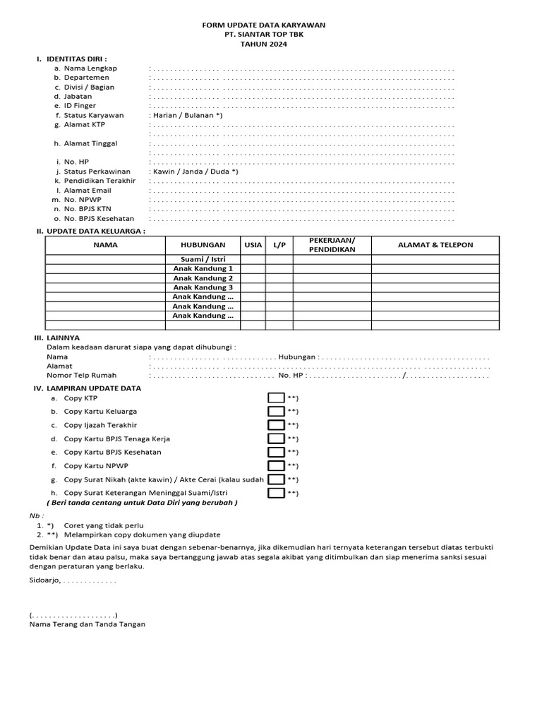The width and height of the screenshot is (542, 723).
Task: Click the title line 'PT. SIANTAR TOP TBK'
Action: (x=264, y=34)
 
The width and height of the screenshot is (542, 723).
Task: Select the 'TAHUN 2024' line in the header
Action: (x=264, y=44)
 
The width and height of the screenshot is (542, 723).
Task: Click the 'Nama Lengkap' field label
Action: (x=90, y=68)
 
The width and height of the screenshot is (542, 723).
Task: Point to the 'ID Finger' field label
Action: (x=80, y=106)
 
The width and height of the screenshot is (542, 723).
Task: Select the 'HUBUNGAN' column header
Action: (x=202, y=245)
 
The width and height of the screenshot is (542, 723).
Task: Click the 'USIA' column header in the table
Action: (x=253, y=245)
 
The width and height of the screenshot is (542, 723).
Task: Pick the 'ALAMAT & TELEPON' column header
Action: (x=435, y=245)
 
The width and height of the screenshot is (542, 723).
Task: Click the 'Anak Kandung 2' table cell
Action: (x=203, y=278)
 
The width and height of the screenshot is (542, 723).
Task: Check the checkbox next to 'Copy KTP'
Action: (x=276, y=398)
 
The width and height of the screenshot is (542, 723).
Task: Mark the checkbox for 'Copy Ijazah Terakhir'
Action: (x=276, y=425)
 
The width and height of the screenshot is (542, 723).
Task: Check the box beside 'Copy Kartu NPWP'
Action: (x=276, y=466)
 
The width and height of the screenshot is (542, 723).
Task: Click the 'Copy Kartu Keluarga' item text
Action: (x=100, y=412)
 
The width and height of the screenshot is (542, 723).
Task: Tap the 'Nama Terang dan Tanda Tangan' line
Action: (x=88, y=624)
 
